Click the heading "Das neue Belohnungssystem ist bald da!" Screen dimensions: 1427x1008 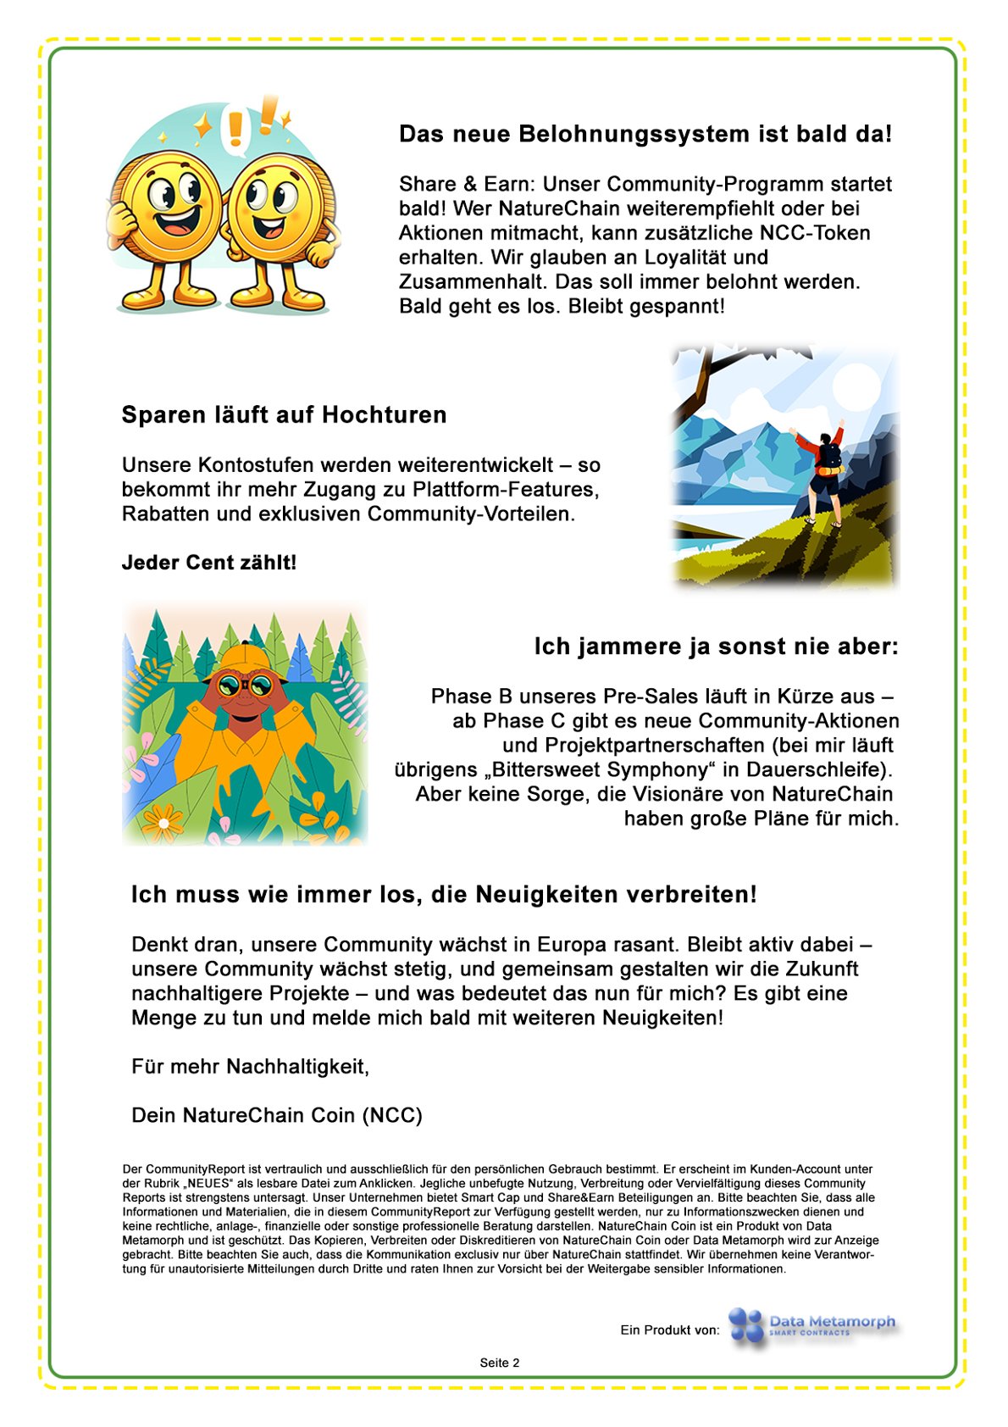point(645,134)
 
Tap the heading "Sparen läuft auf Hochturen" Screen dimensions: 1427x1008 point(284,414)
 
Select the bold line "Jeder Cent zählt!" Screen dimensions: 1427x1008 point(209,563)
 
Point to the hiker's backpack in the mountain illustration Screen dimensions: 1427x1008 point(828,458)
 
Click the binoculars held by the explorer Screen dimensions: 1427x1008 point(243,683)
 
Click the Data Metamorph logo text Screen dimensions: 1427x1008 point(831,1323)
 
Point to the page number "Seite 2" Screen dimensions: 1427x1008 point(500,1363)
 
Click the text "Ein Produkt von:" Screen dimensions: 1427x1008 point(670,1330)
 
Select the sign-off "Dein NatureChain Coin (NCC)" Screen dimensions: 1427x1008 point(277,1115)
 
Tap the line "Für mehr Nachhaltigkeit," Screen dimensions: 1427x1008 point(251,1066)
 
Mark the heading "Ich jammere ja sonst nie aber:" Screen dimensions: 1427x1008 point(716,647)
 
